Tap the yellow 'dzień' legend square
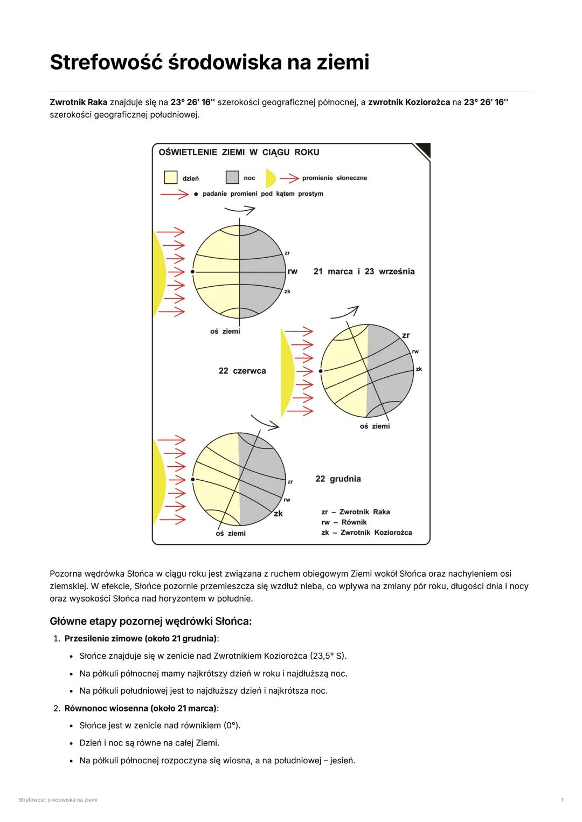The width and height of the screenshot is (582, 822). click(170, 177)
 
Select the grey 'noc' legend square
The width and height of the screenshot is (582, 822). click(232, 177)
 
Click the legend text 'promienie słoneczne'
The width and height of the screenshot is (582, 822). click(334, 178)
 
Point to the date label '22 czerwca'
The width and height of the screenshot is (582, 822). click(242, 371)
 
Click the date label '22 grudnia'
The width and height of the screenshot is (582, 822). click(338, 479)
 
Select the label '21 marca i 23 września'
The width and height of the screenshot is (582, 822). click(364, 271)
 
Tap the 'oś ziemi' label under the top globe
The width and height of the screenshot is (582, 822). click(225, 331)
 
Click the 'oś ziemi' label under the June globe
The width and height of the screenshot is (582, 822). click(375, 426)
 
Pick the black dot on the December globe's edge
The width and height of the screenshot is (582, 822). click(192, 479)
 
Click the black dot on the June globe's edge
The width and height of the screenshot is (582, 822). click(321, 371)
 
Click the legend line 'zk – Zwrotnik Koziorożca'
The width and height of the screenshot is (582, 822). click(366, 533)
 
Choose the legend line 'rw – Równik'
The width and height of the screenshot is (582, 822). click(344, 522)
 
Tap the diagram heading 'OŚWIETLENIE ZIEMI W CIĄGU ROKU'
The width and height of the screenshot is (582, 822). click(239, 153)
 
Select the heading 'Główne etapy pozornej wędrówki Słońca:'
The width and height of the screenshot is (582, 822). click(150, 621)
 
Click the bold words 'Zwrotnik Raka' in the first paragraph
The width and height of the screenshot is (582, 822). click(78, 102)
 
